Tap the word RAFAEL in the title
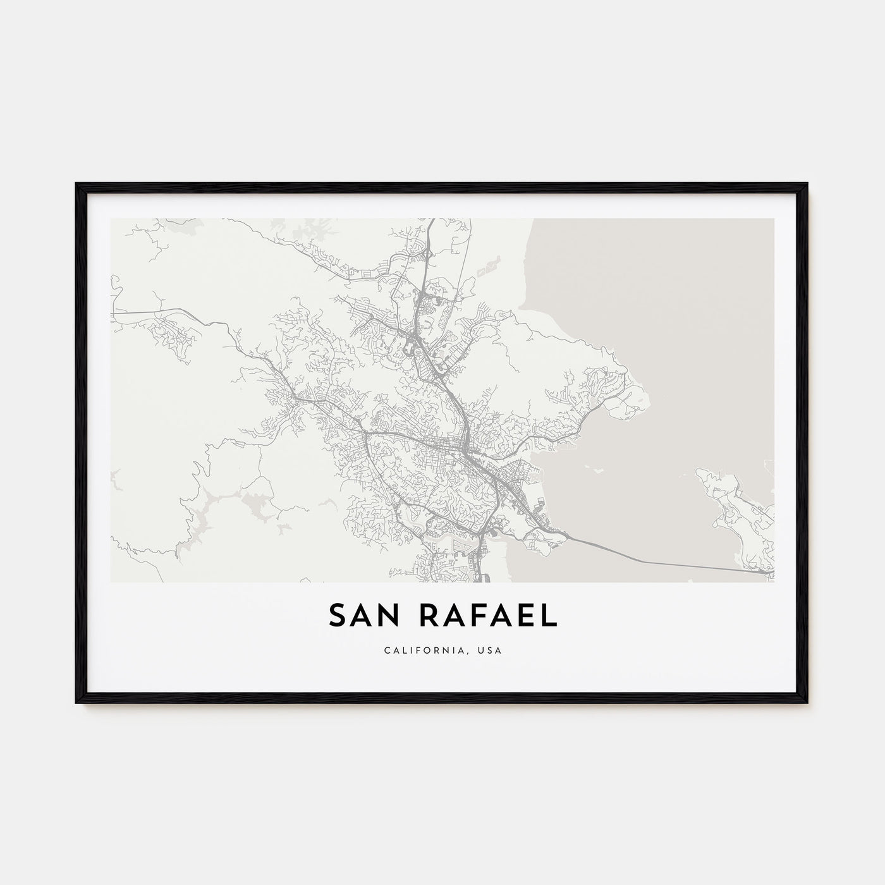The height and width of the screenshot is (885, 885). (x=485, y=616)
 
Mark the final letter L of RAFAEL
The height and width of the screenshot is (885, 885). (x=550, y=616)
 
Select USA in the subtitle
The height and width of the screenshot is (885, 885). (x=492, y=650)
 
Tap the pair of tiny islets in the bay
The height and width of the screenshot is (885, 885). (x=594, y=469)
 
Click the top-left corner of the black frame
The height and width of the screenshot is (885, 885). (x=77, y=184)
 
